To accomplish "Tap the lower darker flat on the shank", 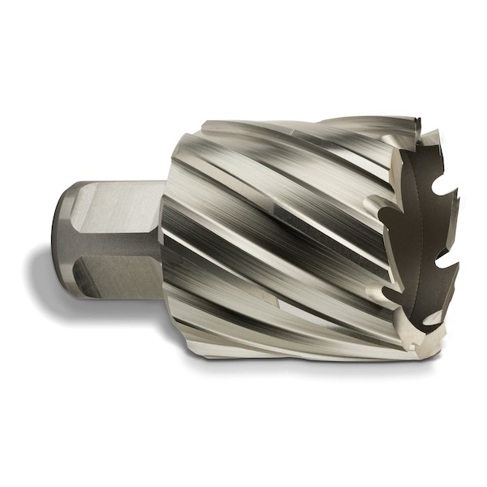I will [x=122, y=260].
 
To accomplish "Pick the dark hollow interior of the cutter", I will [x=422, y=235].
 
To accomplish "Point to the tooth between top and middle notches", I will [x=450, y=223].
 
